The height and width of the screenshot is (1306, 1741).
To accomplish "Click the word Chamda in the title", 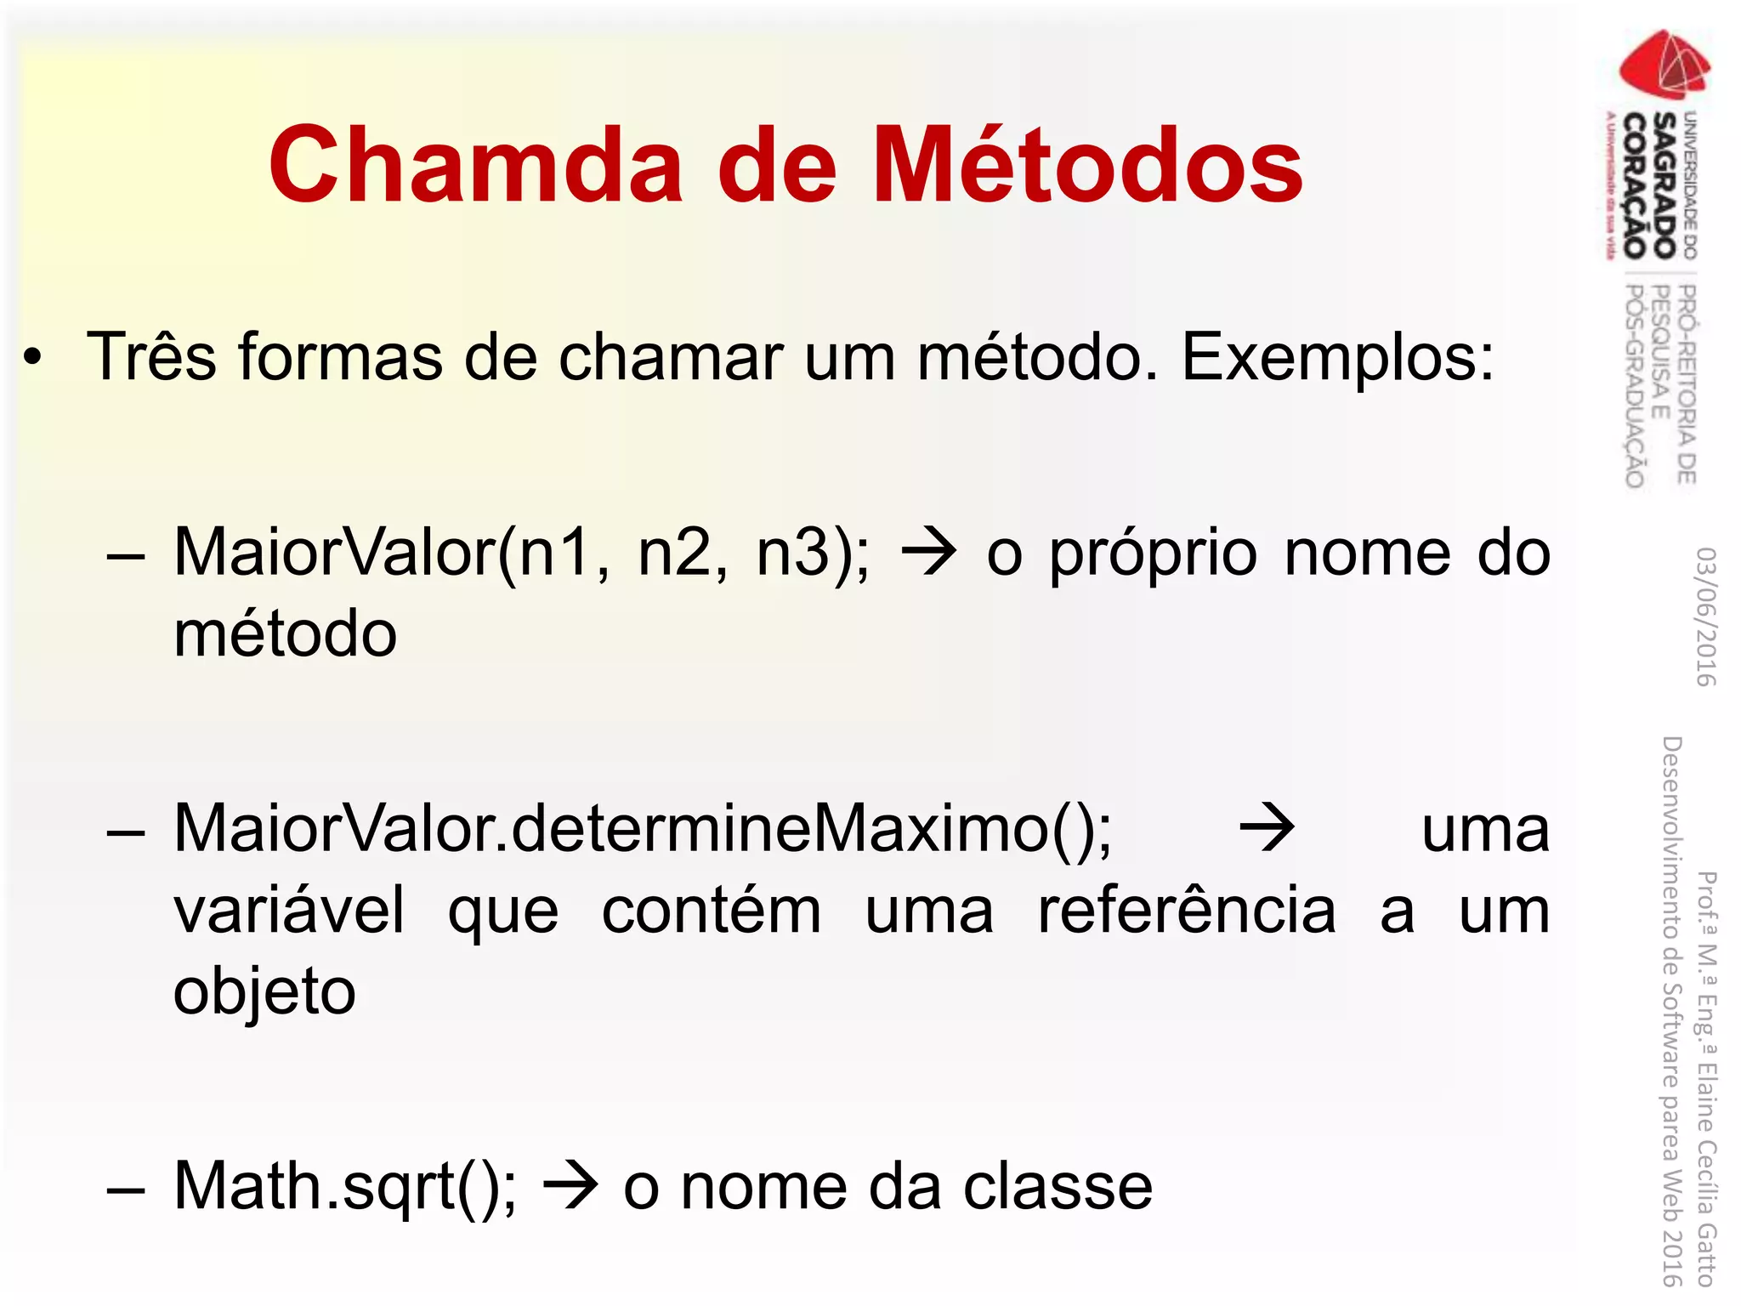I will (476, 165).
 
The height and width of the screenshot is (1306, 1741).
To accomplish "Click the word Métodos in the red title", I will (1087, 165).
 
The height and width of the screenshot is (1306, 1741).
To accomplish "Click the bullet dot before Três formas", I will (32, 358).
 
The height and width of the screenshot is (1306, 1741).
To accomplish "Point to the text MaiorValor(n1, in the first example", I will (392, 554).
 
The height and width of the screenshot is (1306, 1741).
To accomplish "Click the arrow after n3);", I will (929, 554).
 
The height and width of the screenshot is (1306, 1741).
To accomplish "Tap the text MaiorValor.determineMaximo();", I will (642, 829).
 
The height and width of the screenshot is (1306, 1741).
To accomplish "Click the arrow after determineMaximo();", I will (1267, 828).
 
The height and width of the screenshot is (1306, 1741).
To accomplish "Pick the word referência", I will (1187, 911).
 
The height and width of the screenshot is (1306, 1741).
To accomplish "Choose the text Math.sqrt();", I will (344, 1187).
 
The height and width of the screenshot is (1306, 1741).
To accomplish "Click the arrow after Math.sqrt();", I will (570, 1186).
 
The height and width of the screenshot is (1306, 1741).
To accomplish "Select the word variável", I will (289, 911).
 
